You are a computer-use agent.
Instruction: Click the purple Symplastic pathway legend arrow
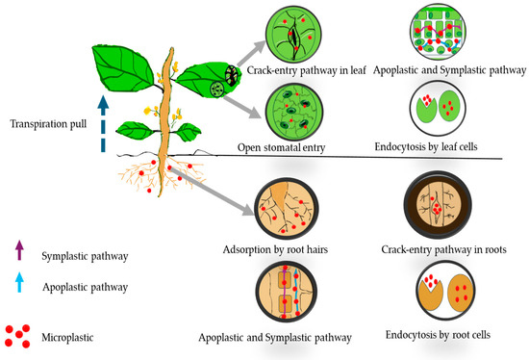[20, 253]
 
